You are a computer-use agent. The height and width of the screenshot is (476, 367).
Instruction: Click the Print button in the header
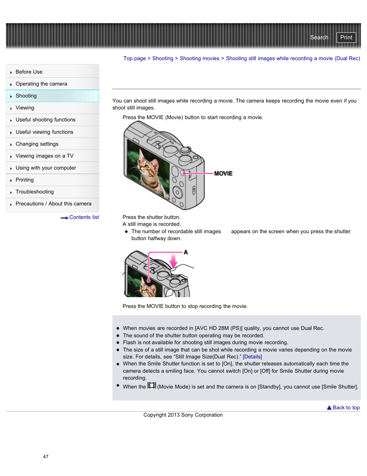(x=346, y=37)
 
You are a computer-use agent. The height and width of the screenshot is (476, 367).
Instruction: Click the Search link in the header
(x=319, y=37)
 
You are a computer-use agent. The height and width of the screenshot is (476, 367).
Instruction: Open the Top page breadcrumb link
(x=134, y=59)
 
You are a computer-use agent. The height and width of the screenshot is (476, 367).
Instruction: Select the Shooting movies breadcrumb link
(x=199, y=59)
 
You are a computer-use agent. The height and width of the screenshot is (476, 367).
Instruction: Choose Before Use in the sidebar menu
(x=29, y=72)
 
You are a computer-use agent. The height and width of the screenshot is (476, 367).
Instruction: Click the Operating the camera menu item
(x=41, y=84)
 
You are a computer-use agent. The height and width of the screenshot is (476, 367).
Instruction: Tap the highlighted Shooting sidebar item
(x=26, y=96)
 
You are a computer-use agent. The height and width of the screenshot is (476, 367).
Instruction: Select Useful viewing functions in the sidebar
(x=44, y=132)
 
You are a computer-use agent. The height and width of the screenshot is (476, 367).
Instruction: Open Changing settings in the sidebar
(x=37, y=144)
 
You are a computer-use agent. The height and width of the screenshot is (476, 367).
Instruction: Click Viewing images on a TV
(x=44, y=156)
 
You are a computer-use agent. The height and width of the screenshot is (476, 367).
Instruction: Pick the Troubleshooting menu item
(x=35, y=192)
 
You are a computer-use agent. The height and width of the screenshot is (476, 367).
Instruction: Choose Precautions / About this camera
(x=53, y=204)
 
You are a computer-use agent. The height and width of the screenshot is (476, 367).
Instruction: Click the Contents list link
(x=84, y=217)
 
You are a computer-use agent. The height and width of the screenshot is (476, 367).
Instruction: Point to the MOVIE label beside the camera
(x=223, y=173)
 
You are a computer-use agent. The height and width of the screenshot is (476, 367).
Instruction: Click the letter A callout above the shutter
(x=186, y=252)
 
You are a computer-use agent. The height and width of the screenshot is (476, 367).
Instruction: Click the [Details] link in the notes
(x=252, y=357)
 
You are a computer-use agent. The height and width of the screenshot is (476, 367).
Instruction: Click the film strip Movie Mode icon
(x=152, y=385)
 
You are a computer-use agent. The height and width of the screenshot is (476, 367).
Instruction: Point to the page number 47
(x=46, y=457)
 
